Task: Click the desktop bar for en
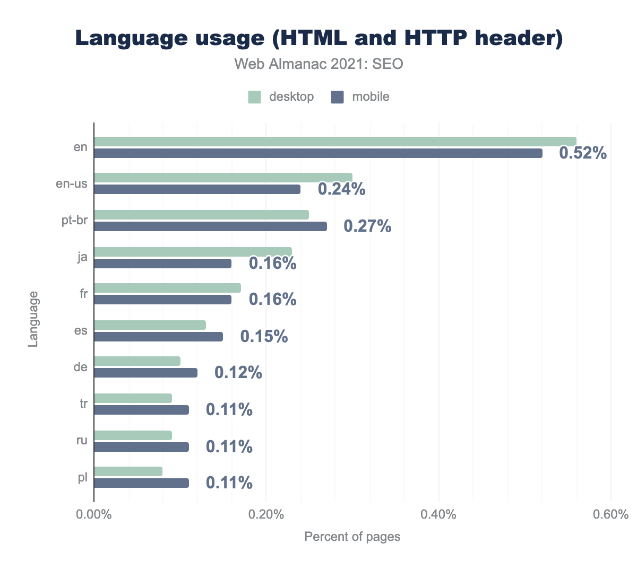335,141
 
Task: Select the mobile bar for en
318,153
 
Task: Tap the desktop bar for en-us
223,178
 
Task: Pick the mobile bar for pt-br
210,226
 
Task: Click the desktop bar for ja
193,251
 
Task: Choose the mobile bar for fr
162,300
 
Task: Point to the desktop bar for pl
128,471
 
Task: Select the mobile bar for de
145,373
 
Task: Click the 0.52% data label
583,153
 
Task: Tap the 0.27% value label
367,226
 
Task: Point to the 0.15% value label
264,336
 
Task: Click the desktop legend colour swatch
255,97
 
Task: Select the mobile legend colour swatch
338,97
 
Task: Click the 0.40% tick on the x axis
438,515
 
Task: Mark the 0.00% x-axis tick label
94,515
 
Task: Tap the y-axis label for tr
83,404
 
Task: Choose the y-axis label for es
81,330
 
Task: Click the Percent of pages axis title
352,537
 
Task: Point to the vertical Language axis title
33,318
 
